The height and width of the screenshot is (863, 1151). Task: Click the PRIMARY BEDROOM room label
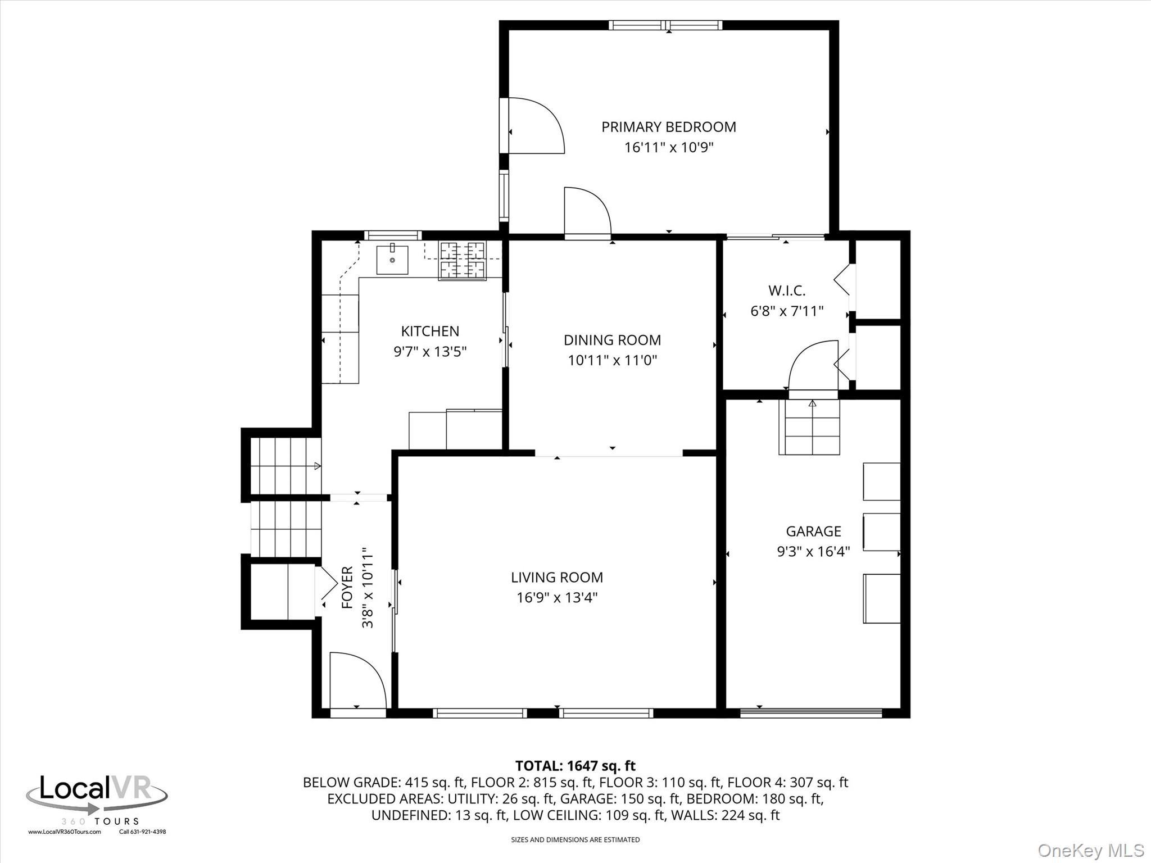pos(668,127)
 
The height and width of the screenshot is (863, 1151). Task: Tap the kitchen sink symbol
pos(392,260)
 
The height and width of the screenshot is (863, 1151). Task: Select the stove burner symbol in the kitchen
pos(462,260)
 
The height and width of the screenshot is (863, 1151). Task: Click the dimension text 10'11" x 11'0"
pos(612,360)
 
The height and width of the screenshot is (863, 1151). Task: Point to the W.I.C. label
pos(787,290)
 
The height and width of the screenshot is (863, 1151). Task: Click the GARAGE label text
pos(813,531)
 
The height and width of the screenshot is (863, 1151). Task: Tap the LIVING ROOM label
pos(556,577)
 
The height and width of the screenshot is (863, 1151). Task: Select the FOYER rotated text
pos(347,588)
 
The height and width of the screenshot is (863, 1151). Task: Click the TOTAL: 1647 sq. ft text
pos(575,765)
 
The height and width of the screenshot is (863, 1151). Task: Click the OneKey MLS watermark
pos(1090,850)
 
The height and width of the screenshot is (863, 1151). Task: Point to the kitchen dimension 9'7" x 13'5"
pos(430,352)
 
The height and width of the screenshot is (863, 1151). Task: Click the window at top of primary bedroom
pos(665,25)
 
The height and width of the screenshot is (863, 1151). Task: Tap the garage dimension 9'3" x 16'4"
pos(813,552)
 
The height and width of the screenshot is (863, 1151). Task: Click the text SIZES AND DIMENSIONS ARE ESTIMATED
pos(575,840)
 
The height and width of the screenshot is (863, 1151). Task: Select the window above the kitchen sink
pos(392,235)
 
